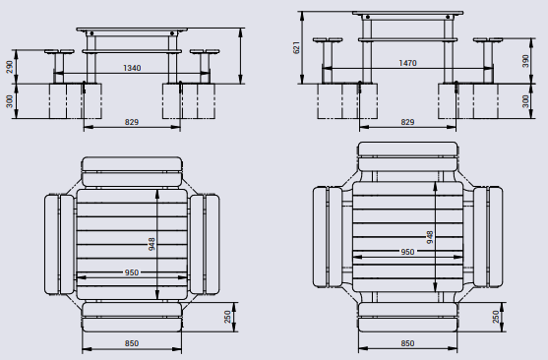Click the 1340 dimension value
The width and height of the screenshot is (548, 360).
click(130, 68)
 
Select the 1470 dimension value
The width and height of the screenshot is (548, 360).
click(406, 62)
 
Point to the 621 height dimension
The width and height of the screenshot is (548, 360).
click(296, 47)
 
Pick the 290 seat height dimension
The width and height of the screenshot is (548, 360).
click(10, 67)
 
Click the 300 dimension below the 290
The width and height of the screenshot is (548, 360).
click(10, 101)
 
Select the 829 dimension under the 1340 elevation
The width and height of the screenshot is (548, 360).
click(131, 122)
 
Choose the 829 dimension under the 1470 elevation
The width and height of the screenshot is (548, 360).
click(406, 122)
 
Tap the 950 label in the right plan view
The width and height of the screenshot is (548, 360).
click(407, 252)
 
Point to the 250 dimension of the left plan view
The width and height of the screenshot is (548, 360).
click(228, 318)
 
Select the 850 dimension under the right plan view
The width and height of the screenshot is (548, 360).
click(407, 343)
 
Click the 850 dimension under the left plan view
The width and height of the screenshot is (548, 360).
click(131, 343)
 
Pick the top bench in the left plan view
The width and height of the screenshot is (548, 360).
click(132, 171)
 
